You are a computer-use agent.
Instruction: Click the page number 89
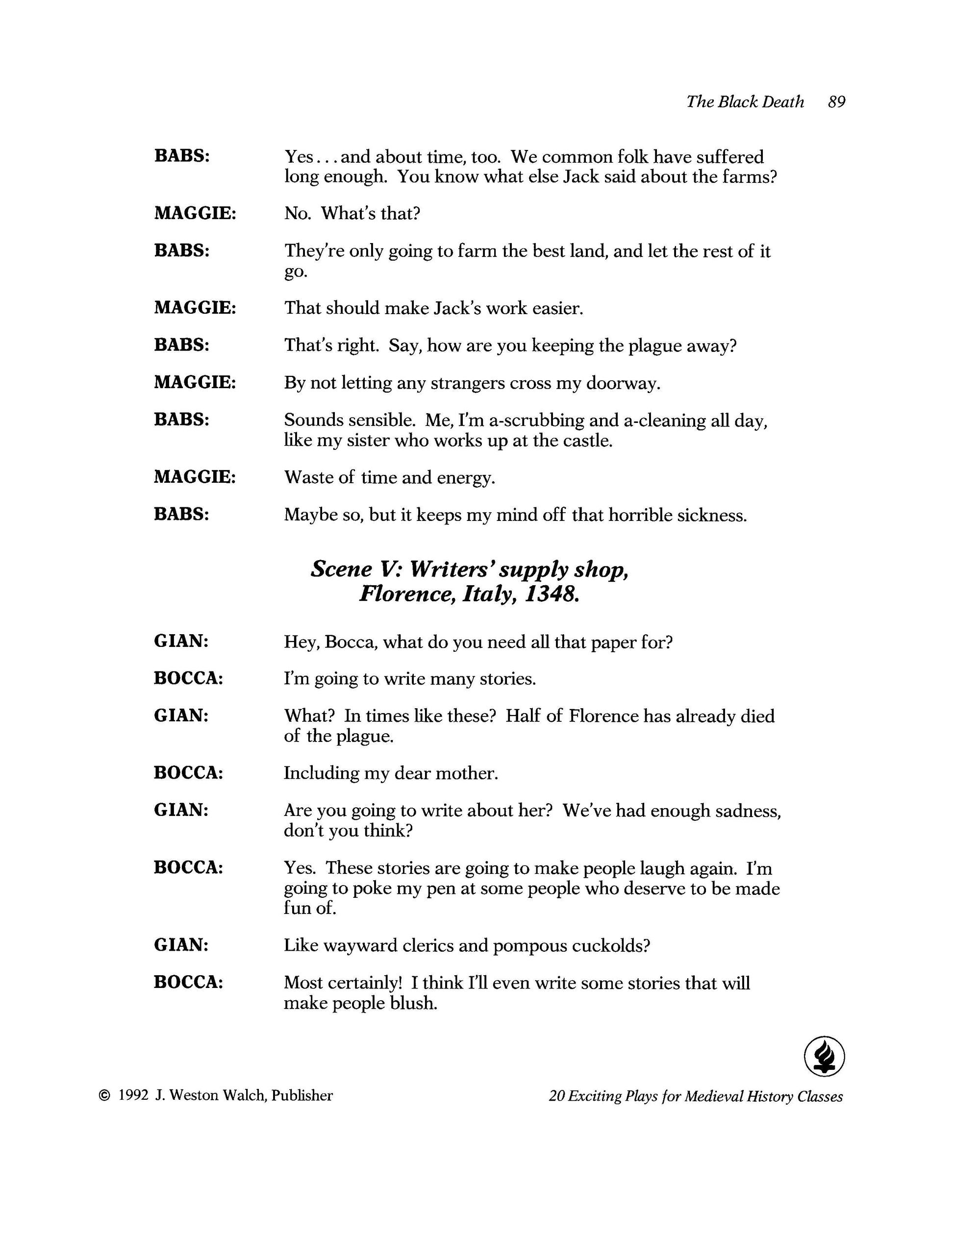tap(836, 102)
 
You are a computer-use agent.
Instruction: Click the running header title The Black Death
tap(745, 102)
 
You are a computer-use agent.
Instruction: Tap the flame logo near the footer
tap(824, 1056)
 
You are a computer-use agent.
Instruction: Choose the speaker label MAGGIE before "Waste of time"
tap(195, 477)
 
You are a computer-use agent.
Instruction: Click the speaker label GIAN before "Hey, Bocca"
tap(181, 642)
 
